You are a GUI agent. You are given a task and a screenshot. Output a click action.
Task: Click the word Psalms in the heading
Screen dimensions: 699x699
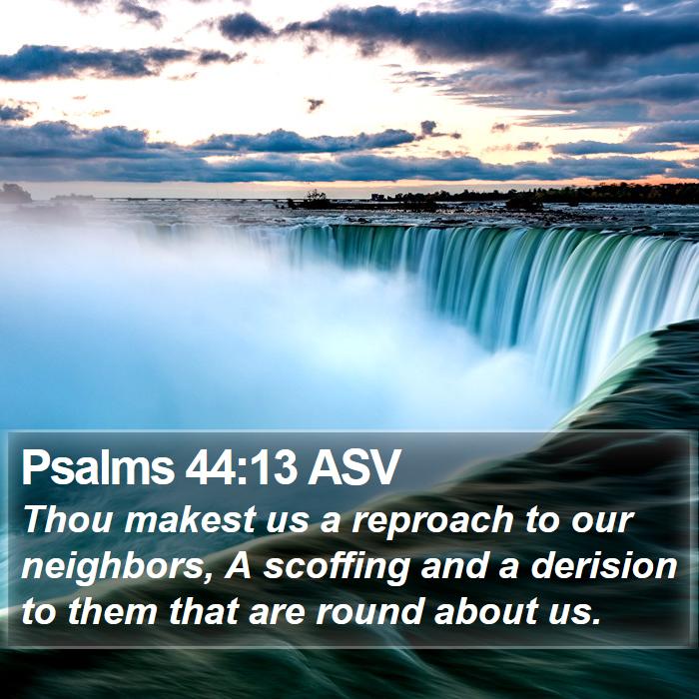coord(97,467)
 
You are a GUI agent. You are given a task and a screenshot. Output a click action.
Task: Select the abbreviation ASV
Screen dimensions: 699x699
coord(352,467)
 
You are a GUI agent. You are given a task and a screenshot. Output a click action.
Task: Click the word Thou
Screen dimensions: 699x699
coord(69,520)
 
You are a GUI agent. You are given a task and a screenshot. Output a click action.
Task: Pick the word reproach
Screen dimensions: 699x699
coord(432,522)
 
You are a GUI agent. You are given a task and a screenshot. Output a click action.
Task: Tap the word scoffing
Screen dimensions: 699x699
coord(337,566)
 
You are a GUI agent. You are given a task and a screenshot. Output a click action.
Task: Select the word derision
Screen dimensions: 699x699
coord(604,565)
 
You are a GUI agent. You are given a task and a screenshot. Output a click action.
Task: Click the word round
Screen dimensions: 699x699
coord(369,611)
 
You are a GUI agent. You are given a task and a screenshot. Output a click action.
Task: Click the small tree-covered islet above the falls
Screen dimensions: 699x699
coord(312,201)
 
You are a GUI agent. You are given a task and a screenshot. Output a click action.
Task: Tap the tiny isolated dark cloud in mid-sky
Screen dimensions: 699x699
coord(316,104)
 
